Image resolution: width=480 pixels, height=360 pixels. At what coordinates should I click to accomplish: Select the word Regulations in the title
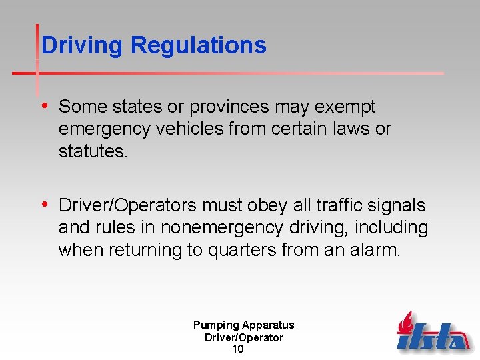(199, 46)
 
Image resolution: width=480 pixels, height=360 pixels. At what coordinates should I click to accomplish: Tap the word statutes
(92, 151)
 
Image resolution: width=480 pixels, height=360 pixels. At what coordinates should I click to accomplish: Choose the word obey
(297, 205)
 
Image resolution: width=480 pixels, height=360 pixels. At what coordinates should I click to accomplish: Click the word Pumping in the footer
(216, 325)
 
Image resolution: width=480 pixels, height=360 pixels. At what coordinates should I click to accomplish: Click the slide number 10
(237, 349)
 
